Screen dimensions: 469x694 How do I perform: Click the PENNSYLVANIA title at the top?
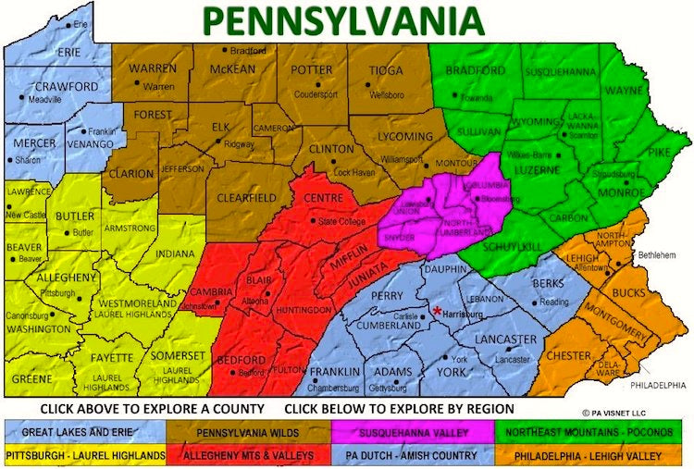[x=343, y=19]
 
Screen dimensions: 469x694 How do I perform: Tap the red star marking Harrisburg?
[x=437, y=311]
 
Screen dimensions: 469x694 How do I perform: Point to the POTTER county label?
[x=312, y=70]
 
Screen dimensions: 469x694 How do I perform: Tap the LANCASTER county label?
[x=505, y=340]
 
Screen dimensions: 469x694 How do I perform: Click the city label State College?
[x=341, y=222]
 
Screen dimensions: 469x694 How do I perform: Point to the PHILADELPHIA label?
[x=658, y=384]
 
